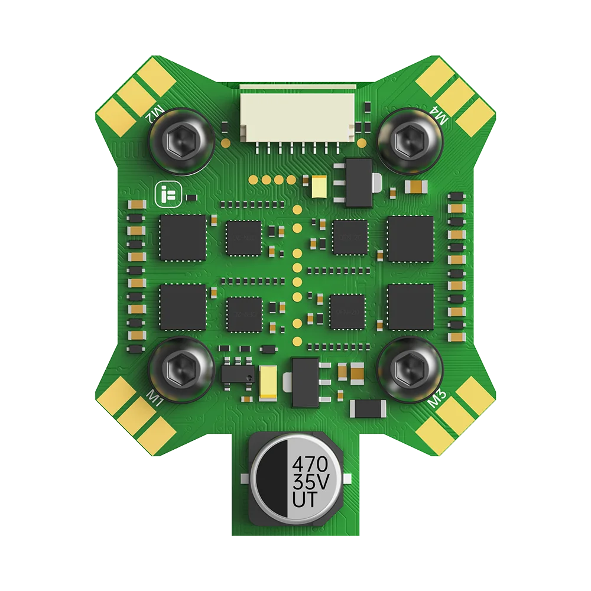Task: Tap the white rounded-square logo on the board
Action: tap(165, 194)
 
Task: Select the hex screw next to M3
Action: tap(408, 371)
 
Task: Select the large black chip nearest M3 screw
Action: tap(410, 307)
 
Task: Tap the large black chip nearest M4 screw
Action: tap(410, 238)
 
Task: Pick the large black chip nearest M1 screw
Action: tap(183, 307)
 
